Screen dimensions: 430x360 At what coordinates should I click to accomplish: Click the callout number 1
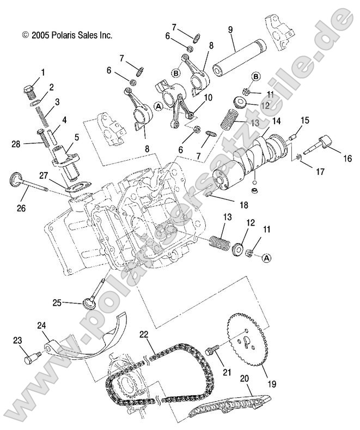point(43,72)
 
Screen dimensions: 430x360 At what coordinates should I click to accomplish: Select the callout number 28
point(16,144)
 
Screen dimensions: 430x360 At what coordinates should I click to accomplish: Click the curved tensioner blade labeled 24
point(82,343)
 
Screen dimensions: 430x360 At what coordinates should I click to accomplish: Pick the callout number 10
point(207,96)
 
